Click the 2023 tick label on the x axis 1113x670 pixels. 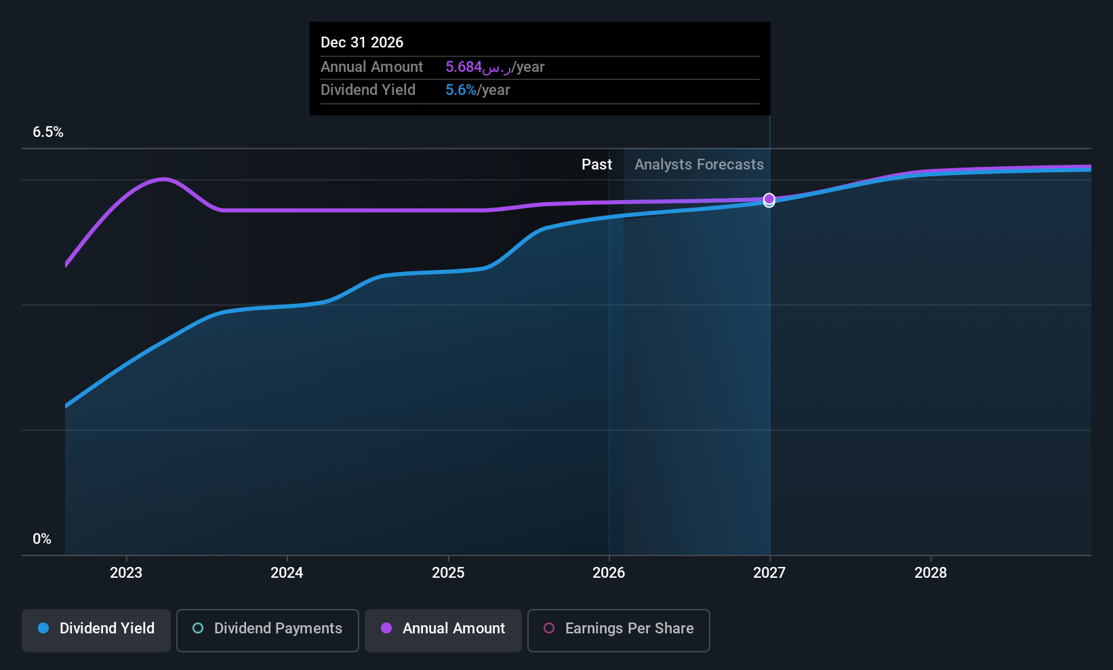[x=126, y=572]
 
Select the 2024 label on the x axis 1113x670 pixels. [x=287, y=572]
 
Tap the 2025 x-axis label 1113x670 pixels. [x=448, y=572]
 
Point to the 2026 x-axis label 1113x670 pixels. [x=609, y=572]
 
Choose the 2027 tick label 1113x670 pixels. [x=769, y=572]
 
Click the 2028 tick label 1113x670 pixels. [x=931, y=572]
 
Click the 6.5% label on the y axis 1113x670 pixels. [x=48, y=132]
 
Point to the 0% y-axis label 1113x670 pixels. [x=42, y=539]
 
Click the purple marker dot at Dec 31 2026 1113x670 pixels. [x=769, y=199]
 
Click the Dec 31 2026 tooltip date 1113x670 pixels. [x=362, y=43]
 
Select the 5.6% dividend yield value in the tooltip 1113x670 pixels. [x=461, y=90]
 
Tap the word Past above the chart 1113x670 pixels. [x=596, y=165]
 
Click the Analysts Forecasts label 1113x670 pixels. [x=699, y=165]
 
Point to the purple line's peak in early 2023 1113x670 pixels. [x=164, y=179]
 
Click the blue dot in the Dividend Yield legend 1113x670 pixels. [x=43, y=628]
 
